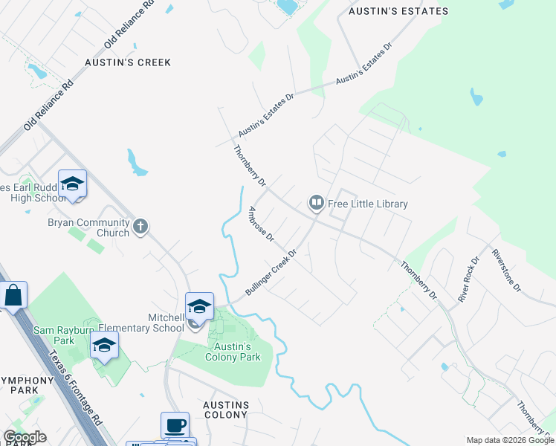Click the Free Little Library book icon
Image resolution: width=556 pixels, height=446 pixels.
pos(317,203)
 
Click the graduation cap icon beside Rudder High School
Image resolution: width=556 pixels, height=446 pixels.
pos(73,183)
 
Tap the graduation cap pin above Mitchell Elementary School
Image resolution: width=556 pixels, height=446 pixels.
pos(199,306)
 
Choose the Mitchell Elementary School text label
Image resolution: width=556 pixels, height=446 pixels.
pos(155,323)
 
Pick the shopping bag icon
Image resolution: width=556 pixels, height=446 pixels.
pos(13,295)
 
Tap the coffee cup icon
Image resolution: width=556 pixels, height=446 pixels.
pos(175,425)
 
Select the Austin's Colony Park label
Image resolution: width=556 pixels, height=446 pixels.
pos(233,352)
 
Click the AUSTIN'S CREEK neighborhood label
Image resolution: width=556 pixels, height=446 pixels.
pos(128,62)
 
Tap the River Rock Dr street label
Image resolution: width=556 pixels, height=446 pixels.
pos(468,279)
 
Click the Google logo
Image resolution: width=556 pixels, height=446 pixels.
pos(25,437)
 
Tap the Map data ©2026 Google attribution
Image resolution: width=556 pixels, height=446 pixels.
pos(510,440)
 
